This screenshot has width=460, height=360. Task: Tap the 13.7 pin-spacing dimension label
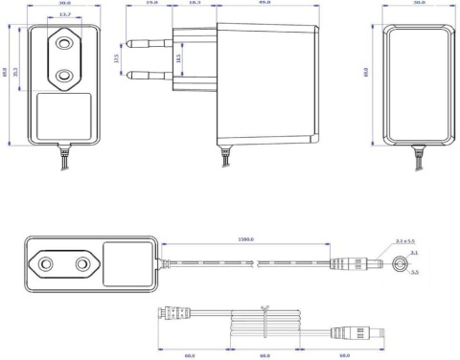tap(64, 15)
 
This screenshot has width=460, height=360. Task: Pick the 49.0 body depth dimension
tap(263, 4)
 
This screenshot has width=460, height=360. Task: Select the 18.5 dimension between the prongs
tap(179, 59)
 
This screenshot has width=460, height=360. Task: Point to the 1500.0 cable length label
tap(245, 239)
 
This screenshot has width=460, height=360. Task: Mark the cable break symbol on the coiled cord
tap(264, 308)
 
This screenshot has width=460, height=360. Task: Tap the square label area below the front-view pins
tap(64, 116)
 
